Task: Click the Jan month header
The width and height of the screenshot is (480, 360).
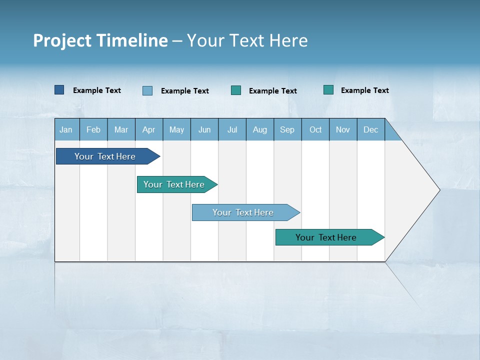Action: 66,130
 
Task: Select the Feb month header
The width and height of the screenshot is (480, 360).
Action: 93,130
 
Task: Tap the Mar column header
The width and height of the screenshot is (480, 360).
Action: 121,130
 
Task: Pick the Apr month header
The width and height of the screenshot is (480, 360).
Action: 149,130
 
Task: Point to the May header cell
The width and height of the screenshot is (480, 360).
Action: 176,130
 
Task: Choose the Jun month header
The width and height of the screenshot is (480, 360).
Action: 204,130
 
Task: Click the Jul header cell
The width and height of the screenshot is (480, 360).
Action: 232,130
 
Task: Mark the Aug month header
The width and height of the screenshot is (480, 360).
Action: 260,130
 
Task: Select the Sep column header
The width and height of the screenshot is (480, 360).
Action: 287,130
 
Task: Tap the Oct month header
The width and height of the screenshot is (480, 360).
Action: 315,130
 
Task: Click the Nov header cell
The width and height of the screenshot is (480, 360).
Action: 343,130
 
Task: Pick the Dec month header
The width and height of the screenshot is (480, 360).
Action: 371,130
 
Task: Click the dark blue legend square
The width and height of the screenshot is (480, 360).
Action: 59,90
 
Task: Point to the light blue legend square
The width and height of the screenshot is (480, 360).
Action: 147,90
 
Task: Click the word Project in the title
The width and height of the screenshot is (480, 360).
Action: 62,40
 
